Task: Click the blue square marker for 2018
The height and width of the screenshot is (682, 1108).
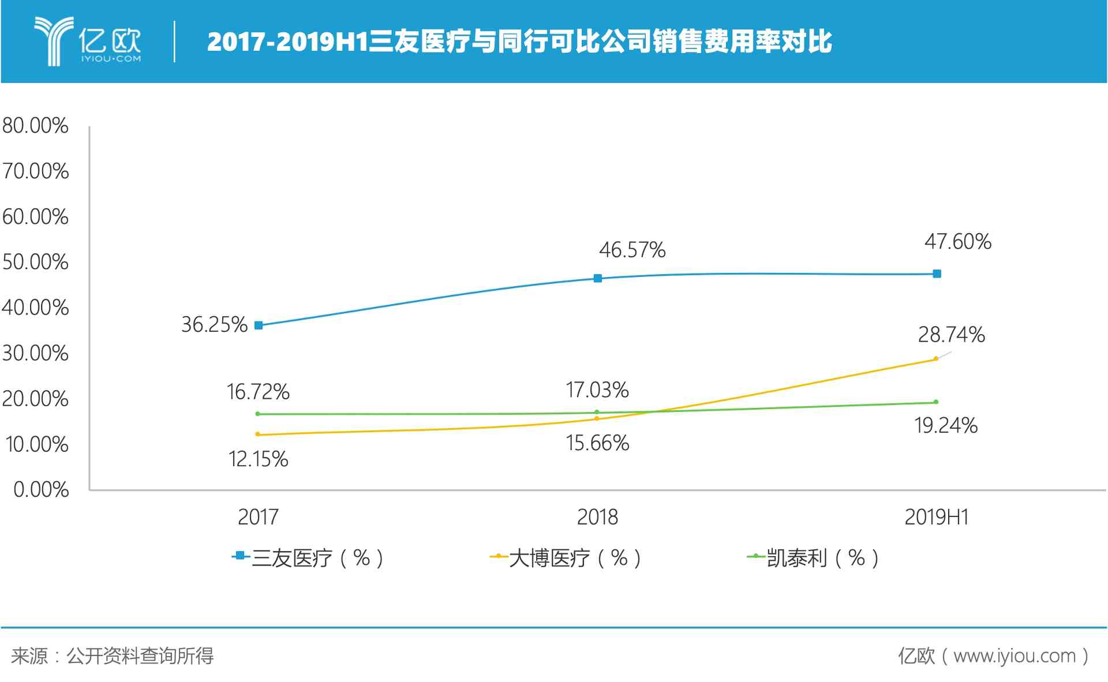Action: (598, 278)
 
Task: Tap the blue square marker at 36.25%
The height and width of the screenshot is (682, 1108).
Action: (259, 325)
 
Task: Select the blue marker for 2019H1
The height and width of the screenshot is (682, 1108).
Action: (937, 273)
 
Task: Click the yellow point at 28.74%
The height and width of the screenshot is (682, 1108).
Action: (935, 359)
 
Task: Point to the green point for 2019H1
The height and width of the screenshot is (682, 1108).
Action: (935, 402)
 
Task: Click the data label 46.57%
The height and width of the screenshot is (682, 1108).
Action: (632, 250)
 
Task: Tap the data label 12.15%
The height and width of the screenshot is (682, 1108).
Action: (258, 459)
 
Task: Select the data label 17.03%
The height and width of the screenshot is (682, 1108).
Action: (597, 391)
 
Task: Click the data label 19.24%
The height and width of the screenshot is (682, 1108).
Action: (945, 426)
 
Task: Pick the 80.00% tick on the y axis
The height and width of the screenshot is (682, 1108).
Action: (35, 126)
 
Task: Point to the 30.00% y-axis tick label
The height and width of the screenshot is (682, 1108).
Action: (35, 353)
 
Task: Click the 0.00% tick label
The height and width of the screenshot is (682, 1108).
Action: (41, 490)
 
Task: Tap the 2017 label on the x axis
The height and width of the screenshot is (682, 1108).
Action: (258, 517)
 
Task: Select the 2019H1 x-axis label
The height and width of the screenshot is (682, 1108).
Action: (936, 517)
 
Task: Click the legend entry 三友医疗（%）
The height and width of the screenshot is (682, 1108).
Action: (309, 558)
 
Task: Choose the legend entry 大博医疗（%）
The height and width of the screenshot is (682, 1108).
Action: (566, 558)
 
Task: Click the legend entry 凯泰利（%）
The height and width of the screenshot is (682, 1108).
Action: (814, 558)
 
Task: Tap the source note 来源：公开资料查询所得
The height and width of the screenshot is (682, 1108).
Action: (112, 656)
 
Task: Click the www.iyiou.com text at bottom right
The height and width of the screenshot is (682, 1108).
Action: (1014, 656)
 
